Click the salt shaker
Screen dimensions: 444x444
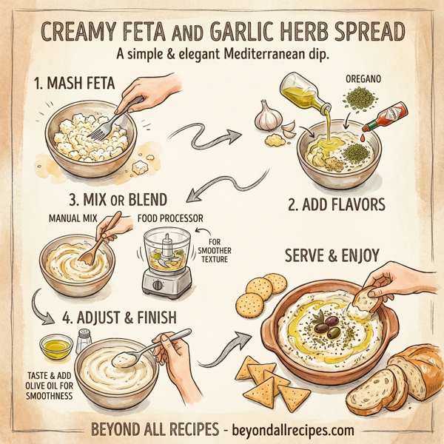84,341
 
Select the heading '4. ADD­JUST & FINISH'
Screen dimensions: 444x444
119,319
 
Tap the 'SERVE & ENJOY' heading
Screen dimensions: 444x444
332,256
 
